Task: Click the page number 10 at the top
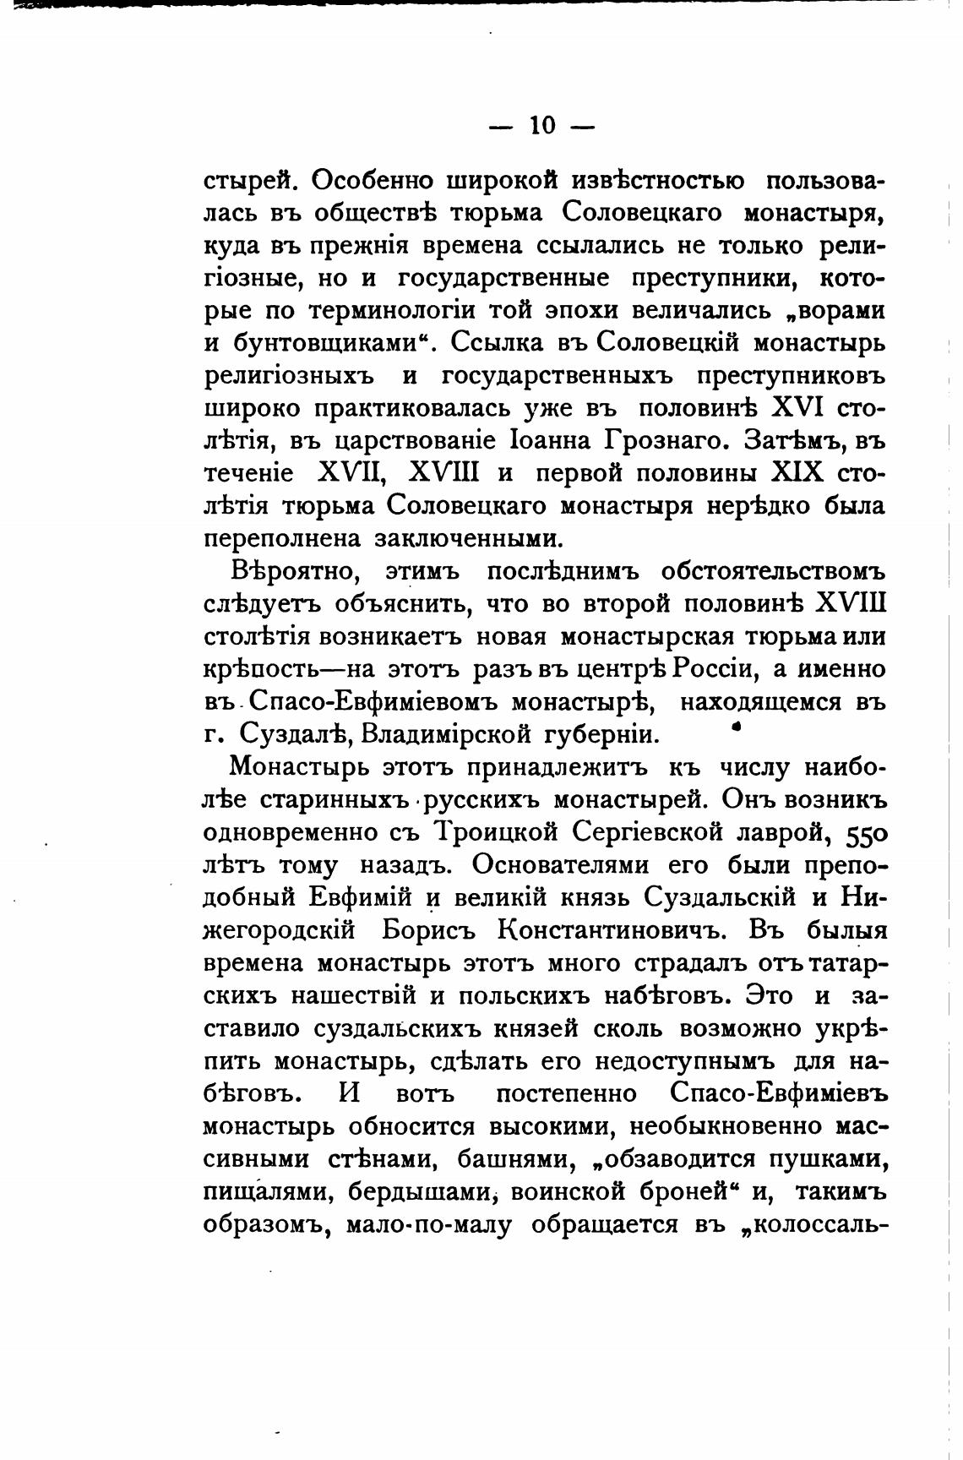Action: point(542,126)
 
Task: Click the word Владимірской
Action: point(446,734)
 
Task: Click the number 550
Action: point(863,835)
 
